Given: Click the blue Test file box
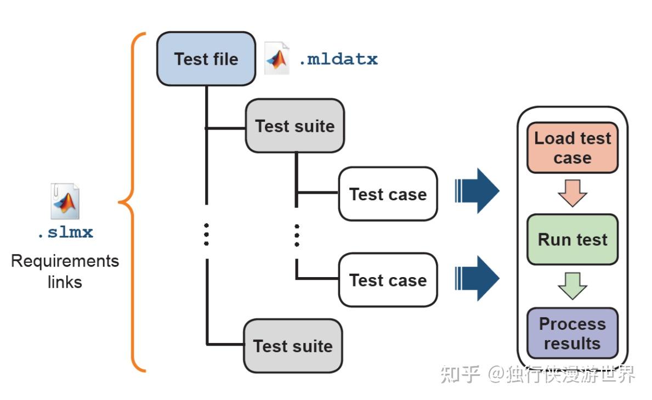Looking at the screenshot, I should (206, 59).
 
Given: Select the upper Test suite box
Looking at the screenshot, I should (294, 126).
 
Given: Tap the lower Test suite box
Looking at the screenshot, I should (293, 346).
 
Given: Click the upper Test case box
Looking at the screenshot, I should (388, 194).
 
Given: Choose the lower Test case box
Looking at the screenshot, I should (388, 280).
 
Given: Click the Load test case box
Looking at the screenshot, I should (572, 148).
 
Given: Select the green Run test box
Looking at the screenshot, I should (572, 239).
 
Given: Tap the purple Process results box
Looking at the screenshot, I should (572, 333).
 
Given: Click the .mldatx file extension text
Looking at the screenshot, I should (338, 59).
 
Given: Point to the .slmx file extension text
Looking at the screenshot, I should (65, 232).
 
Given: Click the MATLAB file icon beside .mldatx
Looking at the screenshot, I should (277, 58).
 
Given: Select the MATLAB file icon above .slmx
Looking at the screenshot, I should (65, 201).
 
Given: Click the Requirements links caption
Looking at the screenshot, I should (65, 271).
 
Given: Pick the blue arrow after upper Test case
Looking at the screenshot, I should (477, 191).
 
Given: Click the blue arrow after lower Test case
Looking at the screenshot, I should (477, 278).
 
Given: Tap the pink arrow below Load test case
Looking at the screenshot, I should (572, 194).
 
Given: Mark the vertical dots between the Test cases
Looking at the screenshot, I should (297, 234).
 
